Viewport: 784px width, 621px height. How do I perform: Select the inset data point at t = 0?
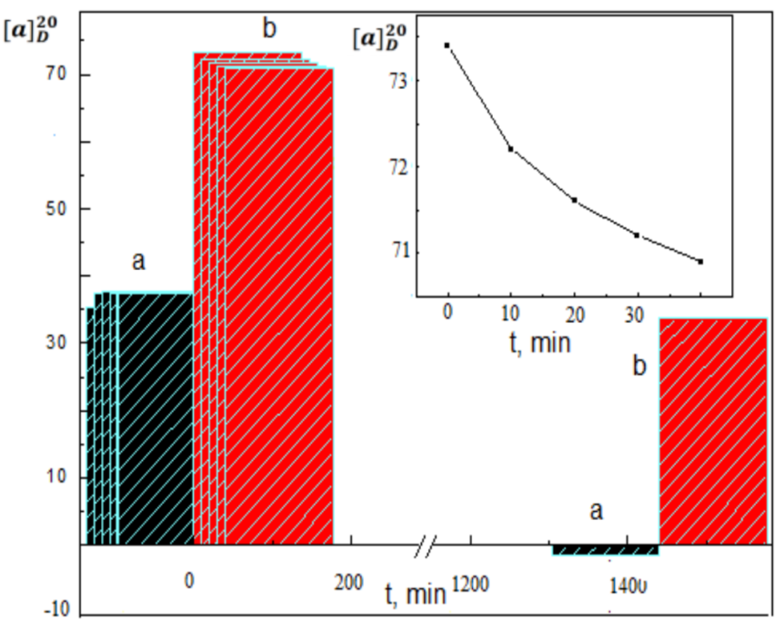[x=447, y=45]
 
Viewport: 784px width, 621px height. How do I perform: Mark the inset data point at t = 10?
[x=510, y=149]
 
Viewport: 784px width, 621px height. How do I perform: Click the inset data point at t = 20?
[x=574, y=200]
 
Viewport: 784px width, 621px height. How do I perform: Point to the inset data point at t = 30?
[x=637, y=235]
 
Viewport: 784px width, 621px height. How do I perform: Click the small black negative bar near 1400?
[x=605, y=550]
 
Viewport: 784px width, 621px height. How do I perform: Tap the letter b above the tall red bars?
[x=269, y=29]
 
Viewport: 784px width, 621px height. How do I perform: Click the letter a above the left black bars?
[x=138, y=262]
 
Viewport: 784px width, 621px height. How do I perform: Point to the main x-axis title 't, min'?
[x=415, y=596]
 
